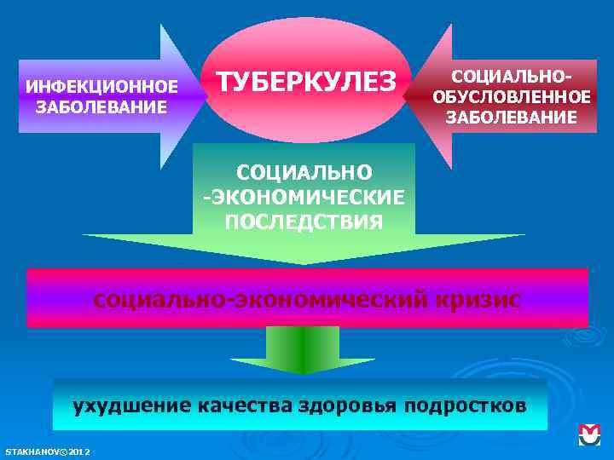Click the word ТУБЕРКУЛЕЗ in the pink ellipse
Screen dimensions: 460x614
click(307, 82)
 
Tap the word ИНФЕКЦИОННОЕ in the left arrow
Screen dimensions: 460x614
click(101, 88)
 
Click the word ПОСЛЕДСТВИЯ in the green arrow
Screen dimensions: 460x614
click(304, 221)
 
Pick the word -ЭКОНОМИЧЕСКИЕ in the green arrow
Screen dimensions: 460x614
click(304, 197)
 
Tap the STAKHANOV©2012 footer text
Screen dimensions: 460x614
click(48, 450)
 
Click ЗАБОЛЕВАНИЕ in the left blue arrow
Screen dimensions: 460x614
click(101, 107)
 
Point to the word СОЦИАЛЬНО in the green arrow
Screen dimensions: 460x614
click(304, 173)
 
